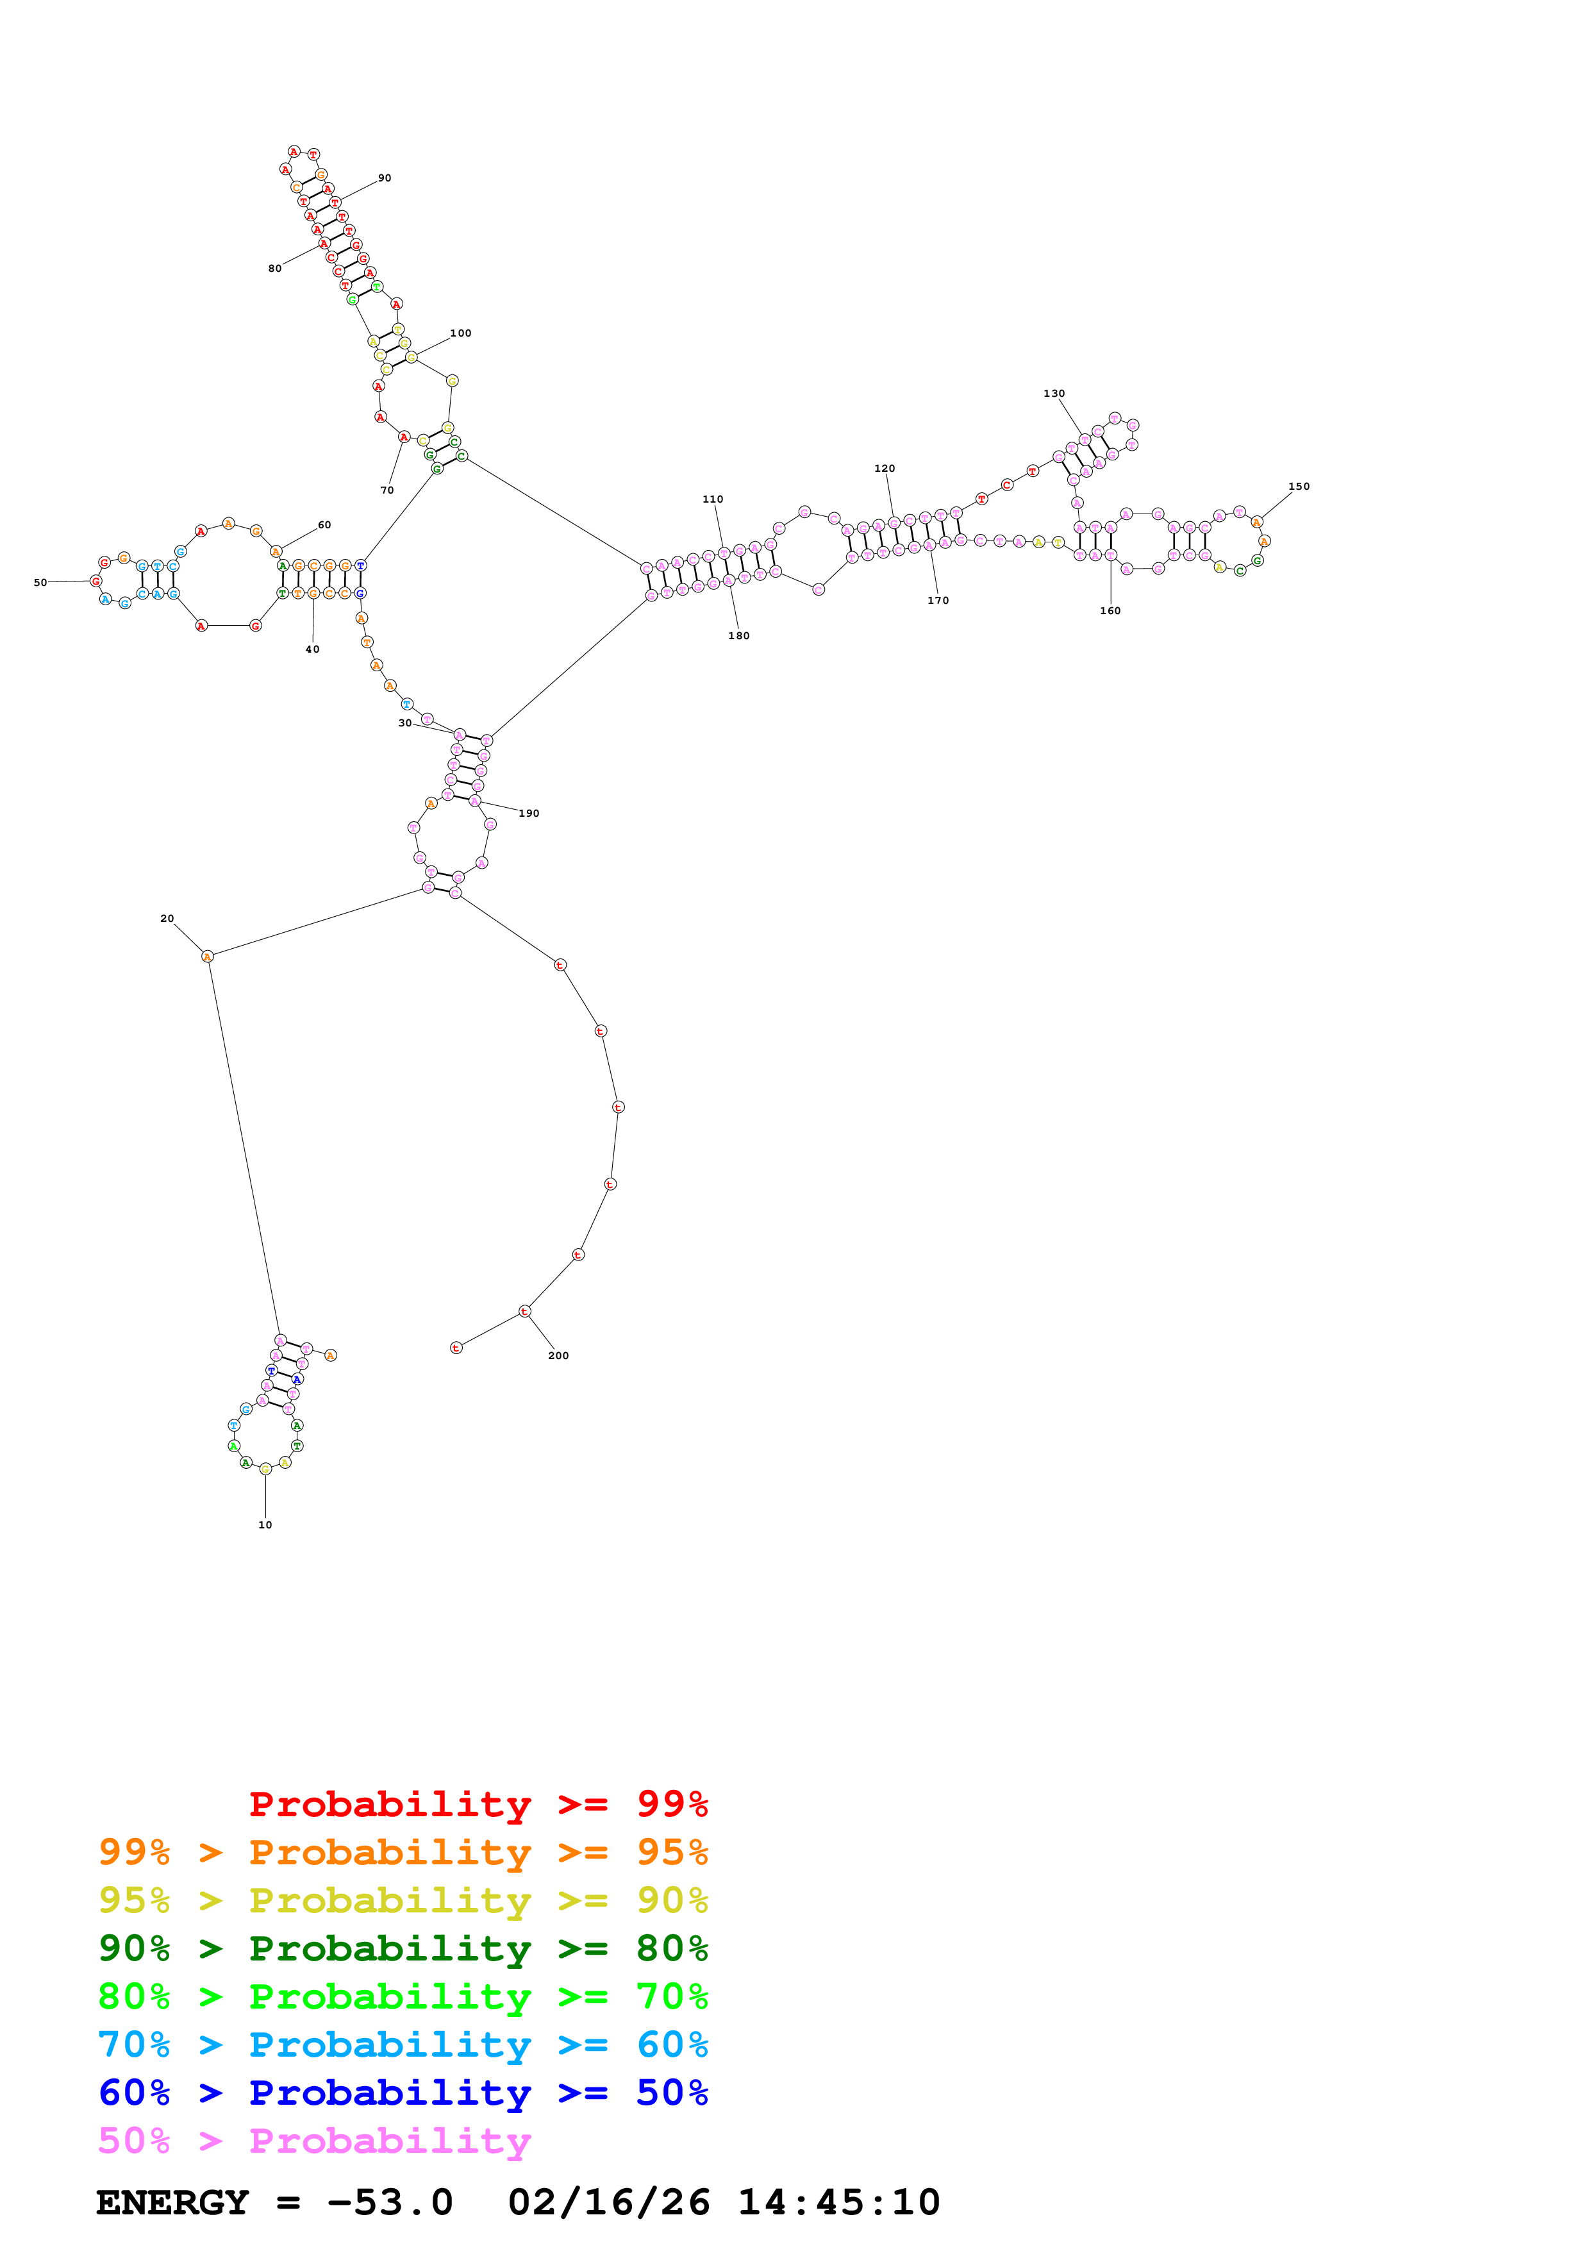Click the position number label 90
tap(385, 178)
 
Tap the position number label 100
tap(460, 333)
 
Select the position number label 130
tap(1054, 394)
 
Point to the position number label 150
tap(1298, 487)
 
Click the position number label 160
tap(1110, 611)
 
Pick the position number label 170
tap(938, 601)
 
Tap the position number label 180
tap(738, 636)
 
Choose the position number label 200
tap(558, 1356)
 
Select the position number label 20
tap(167, 919)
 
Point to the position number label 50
tap(40, 583)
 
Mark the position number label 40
tap(312, 649)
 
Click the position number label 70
tap(387, 490)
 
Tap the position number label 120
tap(884, 468)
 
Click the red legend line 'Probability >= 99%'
tap(478, 1804)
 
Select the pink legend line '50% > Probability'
tap(313, 2140)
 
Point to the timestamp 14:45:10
tap(838, 2203)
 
